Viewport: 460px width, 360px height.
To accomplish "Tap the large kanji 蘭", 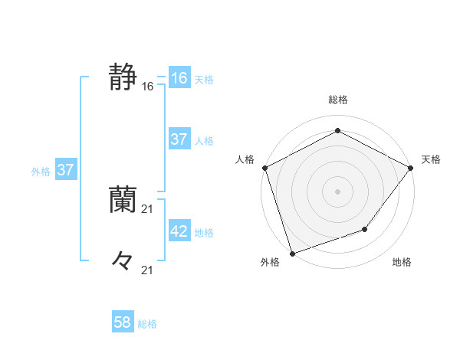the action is (x=123, y=199).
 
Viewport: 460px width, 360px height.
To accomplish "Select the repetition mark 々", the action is (x=123, y=260).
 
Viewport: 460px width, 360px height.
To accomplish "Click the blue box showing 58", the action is (x=123, y=322).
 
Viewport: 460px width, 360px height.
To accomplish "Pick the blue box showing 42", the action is (x=179, y=231).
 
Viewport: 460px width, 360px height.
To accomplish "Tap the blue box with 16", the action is (x=179, y=78).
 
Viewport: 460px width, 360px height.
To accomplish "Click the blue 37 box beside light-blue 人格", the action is (x=179, y=139).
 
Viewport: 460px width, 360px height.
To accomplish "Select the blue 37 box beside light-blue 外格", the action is (x=65, y=170).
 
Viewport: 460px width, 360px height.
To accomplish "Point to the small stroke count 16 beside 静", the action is (x=148, y=87).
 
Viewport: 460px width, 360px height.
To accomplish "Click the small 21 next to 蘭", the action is (x=148, y=209).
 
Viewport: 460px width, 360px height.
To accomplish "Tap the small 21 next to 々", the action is (x=148, y=270).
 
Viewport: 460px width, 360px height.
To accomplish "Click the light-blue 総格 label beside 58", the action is (x=147, y=324).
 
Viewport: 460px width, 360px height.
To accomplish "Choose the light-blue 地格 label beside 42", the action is (x=204, y=232).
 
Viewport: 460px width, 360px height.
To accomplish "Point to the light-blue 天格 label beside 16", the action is (x=204, y=80).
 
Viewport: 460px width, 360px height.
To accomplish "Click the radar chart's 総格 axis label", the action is (x=338, y=100).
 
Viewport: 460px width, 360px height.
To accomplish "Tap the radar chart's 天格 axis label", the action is (x=431, y=159).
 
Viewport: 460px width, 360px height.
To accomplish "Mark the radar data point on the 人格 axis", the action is (x=264, y=168).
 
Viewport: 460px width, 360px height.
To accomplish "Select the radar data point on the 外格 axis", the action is (x=293, y=252).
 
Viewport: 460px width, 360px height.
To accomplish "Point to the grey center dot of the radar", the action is (x=338, y=191).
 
